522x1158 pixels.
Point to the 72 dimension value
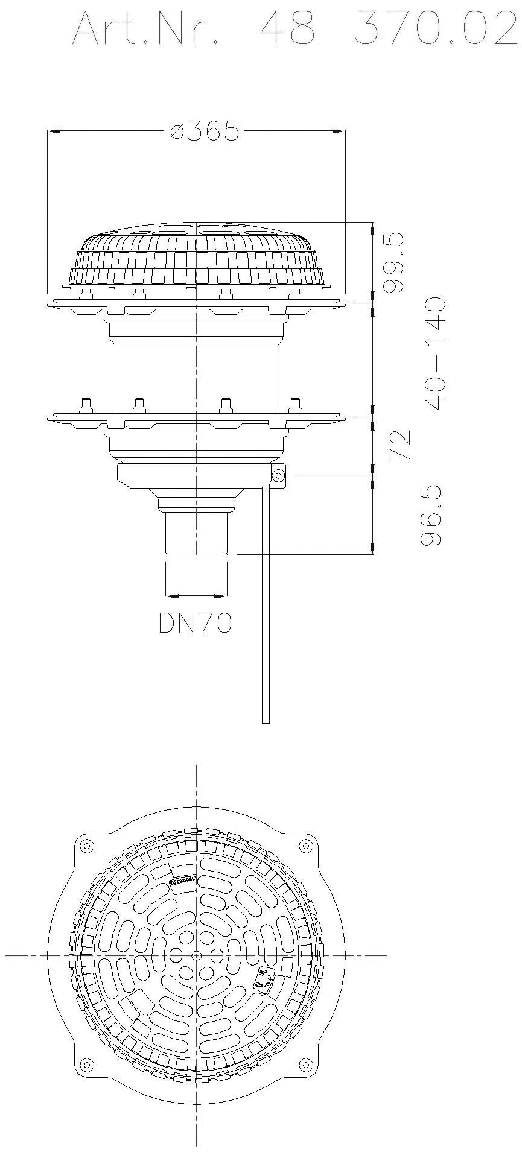(401, 445)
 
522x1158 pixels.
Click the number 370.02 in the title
(437, 28)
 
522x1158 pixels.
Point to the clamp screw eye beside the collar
(279, 476)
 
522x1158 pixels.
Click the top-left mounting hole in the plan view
(85, 843)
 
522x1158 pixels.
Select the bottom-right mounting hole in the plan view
(308, 1063)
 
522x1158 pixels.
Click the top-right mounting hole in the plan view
(308, 843)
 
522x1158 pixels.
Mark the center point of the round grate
(197, 955)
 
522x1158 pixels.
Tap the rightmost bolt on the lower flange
(295, 403)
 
